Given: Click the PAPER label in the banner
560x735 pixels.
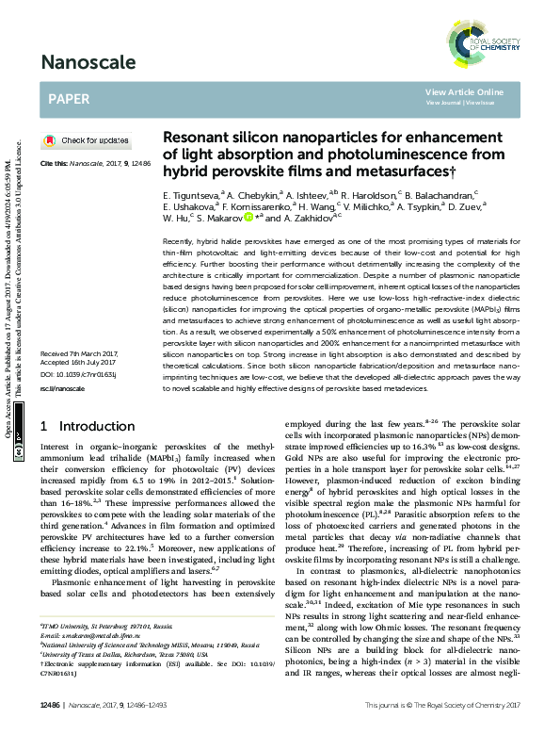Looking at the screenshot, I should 68,98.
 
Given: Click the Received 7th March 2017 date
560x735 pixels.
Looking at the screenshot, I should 75,380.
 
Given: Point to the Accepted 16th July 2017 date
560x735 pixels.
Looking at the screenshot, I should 74,388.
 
